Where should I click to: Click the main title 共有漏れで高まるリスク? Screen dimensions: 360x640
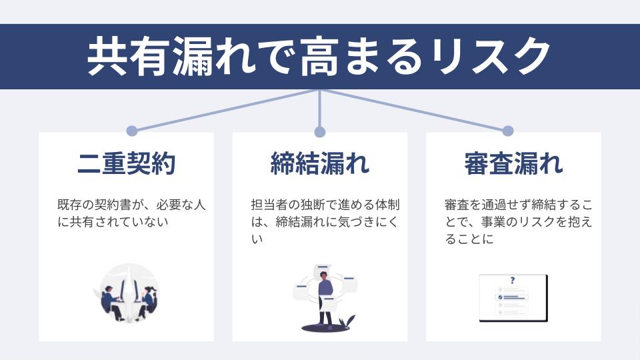pos(319,57)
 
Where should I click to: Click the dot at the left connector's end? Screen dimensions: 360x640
pos(132,131)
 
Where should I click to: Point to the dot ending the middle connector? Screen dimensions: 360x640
pos(320,131)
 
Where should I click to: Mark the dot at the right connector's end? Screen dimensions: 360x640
pos(507,131)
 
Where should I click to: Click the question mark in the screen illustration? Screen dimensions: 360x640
pos(512,281)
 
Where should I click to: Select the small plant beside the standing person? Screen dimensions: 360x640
pos(345,322)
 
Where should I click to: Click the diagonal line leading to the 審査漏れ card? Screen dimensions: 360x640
pos(413,110)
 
